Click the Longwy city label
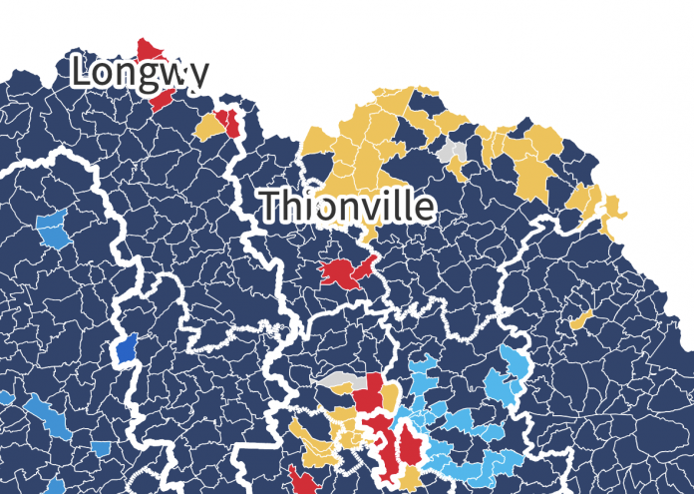point(141,72)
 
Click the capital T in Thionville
point(270,206)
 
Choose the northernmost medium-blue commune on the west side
point(52,228)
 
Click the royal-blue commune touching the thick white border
point(126,348)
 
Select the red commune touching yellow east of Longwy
point(231,123)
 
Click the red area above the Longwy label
point(150,49)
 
